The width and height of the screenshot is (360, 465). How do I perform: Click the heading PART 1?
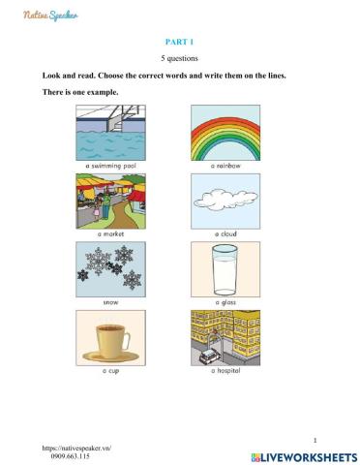coord(180,43)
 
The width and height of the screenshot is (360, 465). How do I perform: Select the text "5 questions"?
coord(180,59)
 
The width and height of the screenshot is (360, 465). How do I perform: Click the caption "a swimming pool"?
coord(111,167)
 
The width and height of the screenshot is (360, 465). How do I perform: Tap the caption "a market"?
coord(111,233)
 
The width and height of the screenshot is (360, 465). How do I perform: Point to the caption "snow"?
coord(111,302)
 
